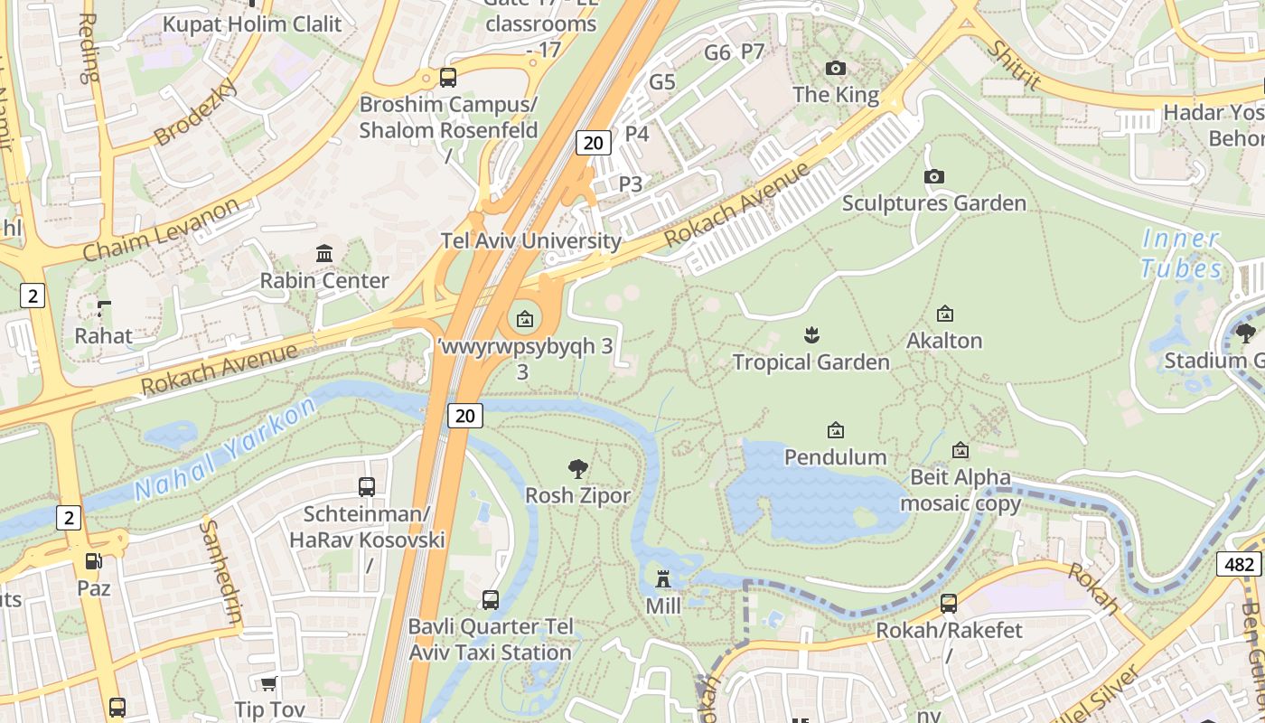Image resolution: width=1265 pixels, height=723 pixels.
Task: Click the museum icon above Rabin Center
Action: (x=324, y=253)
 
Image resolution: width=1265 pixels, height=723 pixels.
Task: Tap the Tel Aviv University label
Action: (x=530, y=241)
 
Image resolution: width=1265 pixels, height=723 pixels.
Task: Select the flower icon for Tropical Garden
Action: (x=811, y=336)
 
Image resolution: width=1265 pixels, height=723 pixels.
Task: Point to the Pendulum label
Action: (x=835, y=456)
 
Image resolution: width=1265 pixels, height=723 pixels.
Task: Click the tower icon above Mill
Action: (x=663, y=578)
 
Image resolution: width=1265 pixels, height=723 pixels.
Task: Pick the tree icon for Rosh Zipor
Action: (x=578, y=468)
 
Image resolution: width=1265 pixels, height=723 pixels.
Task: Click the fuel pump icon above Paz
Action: (x=94, y=561)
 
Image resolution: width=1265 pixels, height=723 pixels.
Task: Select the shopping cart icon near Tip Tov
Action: (x=268, y=683)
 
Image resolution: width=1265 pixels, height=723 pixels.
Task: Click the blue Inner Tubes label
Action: (x=1181, y=254)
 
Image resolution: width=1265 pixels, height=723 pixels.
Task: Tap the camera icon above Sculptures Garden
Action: (x=934, y=176)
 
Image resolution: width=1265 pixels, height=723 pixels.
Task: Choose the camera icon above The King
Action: (x=836, y=68)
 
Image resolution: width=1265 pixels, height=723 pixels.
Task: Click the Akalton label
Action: (x=944, y=341)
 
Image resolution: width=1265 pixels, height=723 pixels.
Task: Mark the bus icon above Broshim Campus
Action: (x=448, y=78)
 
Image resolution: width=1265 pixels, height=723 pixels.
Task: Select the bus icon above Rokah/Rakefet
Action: (x=949, y=603)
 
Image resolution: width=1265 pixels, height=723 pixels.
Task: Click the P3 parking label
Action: (x=631, y=184)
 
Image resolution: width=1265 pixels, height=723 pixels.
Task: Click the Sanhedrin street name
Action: (x=221, y=571)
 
